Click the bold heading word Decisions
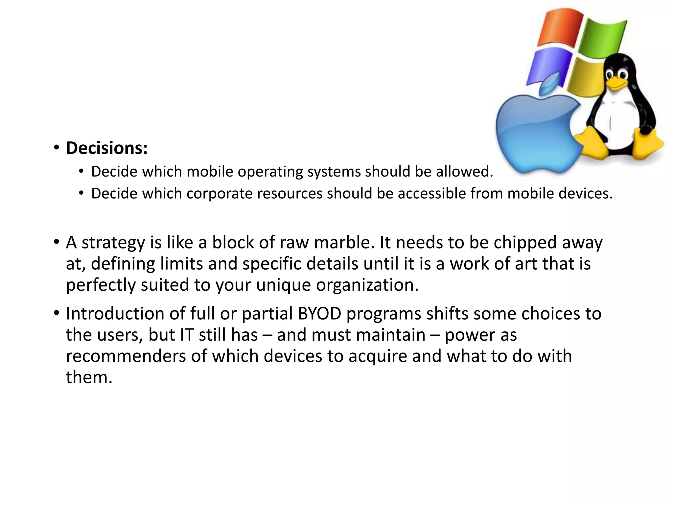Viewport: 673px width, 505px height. tap(106, 148)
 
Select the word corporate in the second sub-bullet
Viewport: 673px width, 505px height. tap(221, 194)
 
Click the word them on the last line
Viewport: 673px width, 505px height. tap(89, 377)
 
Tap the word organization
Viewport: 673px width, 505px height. tap(367, 285)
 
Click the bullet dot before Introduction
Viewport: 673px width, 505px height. tap(57, 313)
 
